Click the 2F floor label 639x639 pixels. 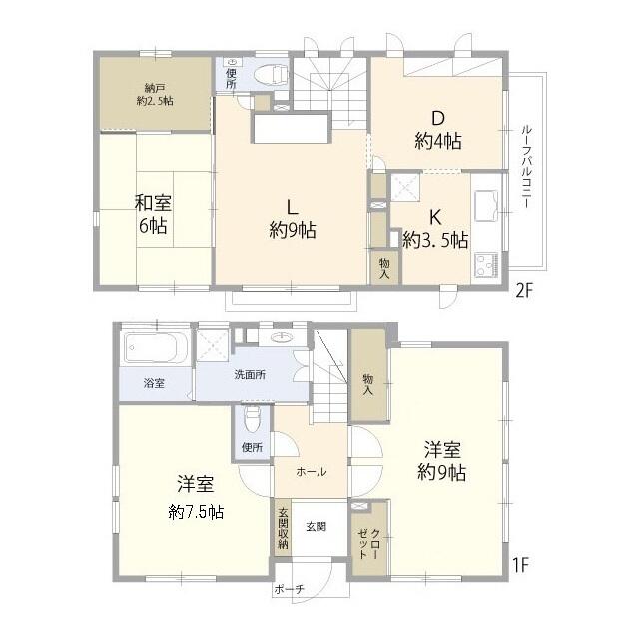(524, 291)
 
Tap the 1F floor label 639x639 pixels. (520, 565)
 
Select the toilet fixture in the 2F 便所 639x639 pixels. (272, 75)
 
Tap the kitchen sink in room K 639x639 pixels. (487, 206)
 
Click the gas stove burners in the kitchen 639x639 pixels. (486, 265)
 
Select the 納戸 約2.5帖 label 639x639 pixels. (155, 95)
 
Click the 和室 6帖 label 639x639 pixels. (153, 215)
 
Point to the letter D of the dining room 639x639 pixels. (438, 118)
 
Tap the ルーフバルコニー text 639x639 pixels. (526, 166)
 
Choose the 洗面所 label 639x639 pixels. (250, 375)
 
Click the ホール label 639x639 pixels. (312, 472)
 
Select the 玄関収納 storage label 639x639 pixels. (283, 528)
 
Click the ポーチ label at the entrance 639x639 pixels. (289, 589)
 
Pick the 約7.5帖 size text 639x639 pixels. (196, 512)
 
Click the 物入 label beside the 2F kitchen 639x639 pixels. (384, 269)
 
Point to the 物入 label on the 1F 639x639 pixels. (368, 385)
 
